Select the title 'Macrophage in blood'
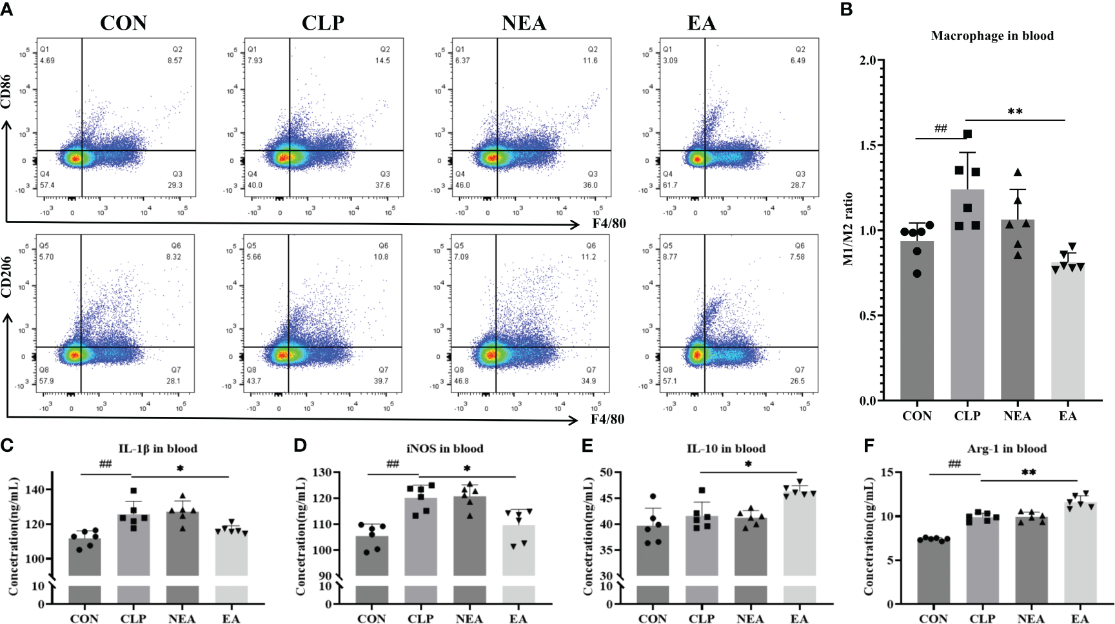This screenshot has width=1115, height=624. tap(992, 36)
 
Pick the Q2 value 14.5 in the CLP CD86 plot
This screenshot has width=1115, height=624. tap(382, 61)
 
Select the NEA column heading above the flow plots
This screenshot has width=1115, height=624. tap(524, 23)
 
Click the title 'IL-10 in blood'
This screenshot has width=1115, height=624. tap(725, 449)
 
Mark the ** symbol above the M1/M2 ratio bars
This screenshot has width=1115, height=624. tap(1015, 112)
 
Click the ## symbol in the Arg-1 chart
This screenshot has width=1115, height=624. tap(954, 464)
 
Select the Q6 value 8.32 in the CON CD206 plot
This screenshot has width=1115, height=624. tap(174, 257)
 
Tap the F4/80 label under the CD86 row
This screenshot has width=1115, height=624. tap(609, 224)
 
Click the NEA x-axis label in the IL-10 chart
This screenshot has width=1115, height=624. tap(750, 618)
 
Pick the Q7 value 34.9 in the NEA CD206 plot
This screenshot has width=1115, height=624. tap(589, 381)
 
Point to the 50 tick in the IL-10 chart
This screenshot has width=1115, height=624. tap(606, 473)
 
